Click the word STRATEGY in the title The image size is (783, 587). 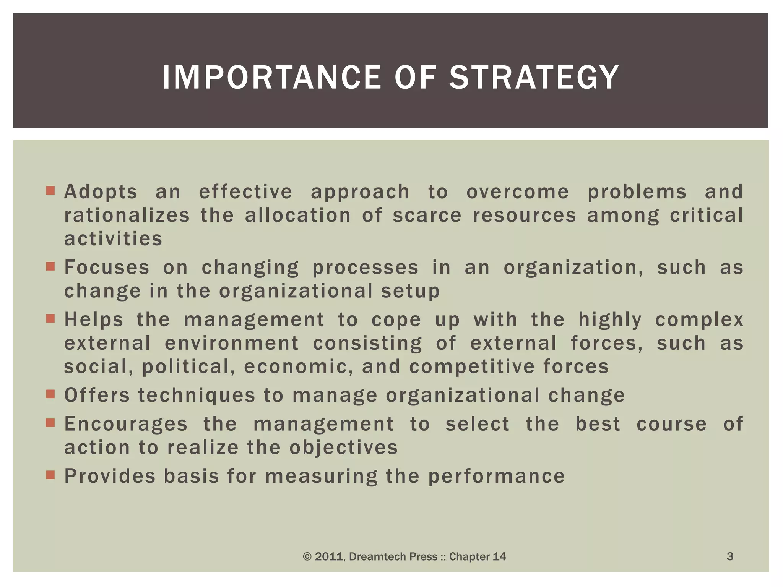click(x=534, y=78)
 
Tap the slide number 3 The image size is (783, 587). click(x=730, y=556)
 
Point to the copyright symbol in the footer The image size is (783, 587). click(x=307, y=557)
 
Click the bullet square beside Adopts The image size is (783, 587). click(x=50, y=190)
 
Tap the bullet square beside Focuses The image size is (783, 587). click(x=50, y=266)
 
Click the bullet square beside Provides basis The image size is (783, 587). click(x=50, y=475)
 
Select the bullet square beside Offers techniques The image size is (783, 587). click(x=50, y=394)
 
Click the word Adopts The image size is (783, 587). click(x=101, y=192)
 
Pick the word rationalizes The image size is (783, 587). click(x=127, y=216)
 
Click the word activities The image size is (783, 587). click(x=113, y=239)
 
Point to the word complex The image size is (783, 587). click(x=699, y=320)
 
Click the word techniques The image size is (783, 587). click(x=197, y=395)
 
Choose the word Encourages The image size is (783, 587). click(x=126, y=424)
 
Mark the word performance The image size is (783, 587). click(x=496, y=477)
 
